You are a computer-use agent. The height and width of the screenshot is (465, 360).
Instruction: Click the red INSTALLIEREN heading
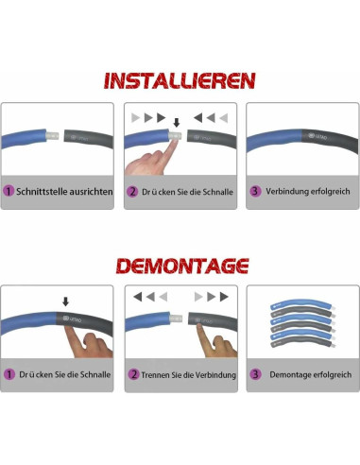click(180, 80)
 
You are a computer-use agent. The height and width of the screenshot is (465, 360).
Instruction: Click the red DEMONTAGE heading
click(182, 266)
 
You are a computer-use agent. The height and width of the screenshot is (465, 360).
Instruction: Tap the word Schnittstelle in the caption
click(42, 192)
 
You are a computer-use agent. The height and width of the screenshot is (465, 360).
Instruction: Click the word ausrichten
click(91, 192)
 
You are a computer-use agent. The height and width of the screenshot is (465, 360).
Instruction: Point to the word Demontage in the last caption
click(289, 375)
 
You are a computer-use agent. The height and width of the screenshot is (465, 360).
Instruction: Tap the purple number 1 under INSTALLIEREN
click(9, 191)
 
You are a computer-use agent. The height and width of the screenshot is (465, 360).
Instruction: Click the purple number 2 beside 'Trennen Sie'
click(133, 374)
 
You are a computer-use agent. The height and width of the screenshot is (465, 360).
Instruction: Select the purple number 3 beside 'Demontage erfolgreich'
click(255, 374)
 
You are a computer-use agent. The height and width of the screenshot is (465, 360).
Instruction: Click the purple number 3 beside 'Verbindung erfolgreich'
click(255, 191)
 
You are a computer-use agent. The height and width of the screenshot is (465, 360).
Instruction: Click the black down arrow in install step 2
click(177, 123)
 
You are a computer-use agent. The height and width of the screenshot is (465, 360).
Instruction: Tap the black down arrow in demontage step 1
click(65, 301)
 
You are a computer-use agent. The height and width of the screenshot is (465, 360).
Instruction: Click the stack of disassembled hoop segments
click(302, 324)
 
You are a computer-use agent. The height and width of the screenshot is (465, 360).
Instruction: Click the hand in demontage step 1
click(87, 342)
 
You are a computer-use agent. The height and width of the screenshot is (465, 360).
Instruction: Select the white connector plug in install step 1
click(52, 136)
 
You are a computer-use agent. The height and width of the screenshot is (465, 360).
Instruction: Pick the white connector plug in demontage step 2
click(176, 319)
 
